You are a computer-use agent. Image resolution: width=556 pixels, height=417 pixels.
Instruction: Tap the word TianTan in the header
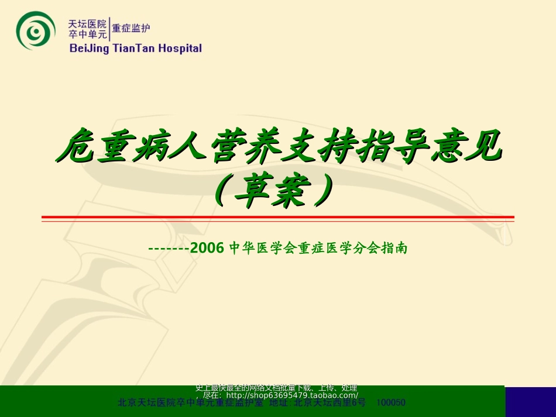point(133,49)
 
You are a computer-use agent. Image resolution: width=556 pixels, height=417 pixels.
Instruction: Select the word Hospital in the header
point(180,49)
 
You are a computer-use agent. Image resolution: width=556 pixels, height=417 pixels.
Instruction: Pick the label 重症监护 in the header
point(131,28)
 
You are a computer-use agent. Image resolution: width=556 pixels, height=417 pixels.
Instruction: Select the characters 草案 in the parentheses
point(278,191)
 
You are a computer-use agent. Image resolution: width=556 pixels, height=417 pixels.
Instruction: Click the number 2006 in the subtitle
point(211,249)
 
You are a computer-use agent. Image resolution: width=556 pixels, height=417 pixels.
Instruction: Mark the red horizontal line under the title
point(277,218)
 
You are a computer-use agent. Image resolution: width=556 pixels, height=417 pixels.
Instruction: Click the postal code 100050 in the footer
point(392,403)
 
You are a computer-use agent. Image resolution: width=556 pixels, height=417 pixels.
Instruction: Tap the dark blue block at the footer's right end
point(530,401)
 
